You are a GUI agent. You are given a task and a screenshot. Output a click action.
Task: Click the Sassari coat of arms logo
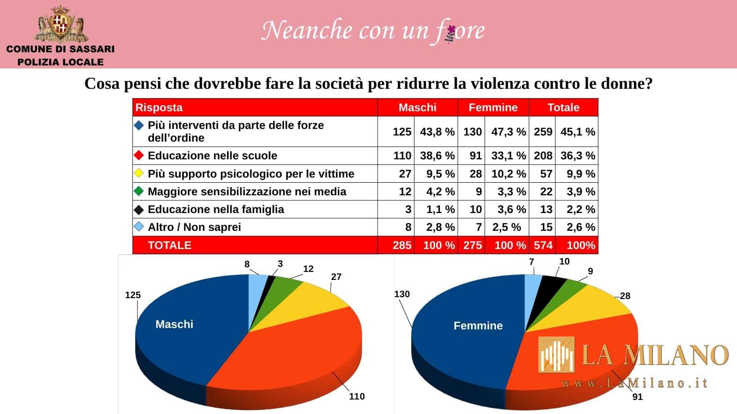[60, 23]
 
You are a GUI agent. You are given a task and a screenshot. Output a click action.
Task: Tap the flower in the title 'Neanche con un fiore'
[451, 32]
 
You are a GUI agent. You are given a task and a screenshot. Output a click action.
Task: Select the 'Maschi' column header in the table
[417, 107]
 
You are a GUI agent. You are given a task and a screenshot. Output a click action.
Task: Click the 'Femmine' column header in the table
[493, 107]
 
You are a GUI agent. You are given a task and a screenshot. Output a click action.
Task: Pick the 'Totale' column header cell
[563, 107]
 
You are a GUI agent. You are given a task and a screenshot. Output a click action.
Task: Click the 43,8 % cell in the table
[437, 132]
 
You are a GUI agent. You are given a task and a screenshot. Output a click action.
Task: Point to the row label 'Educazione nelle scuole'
[212, 156]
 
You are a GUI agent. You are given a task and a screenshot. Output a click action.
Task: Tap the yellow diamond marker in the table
[139, 173]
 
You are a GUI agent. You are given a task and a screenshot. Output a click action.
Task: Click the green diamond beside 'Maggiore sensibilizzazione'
[139, 191]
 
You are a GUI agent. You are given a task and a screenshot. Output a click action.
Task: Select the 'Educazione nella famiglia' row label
[216, 209]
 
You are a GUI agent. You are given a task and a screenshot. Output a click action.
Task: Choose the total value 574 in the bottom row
[543, 245]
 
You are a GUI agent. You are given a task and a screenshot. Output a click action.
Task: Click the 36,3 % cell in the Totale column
[577, 156]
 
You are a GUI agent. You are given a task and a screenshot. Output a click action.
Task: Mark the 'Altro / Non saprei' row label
[194, 227]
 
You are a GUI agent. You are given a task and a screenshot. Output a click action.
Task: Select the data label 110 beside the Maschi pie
[357, 396]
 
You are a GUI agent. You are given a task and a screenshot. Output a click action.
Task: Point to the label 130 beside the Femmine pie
[402, 294]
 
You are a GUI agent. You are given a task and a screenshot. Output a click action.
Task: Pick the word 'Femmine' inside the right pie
[478, 326]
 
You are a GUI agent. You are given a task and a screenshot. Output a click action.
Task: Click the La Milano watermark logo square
[556, 355]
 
